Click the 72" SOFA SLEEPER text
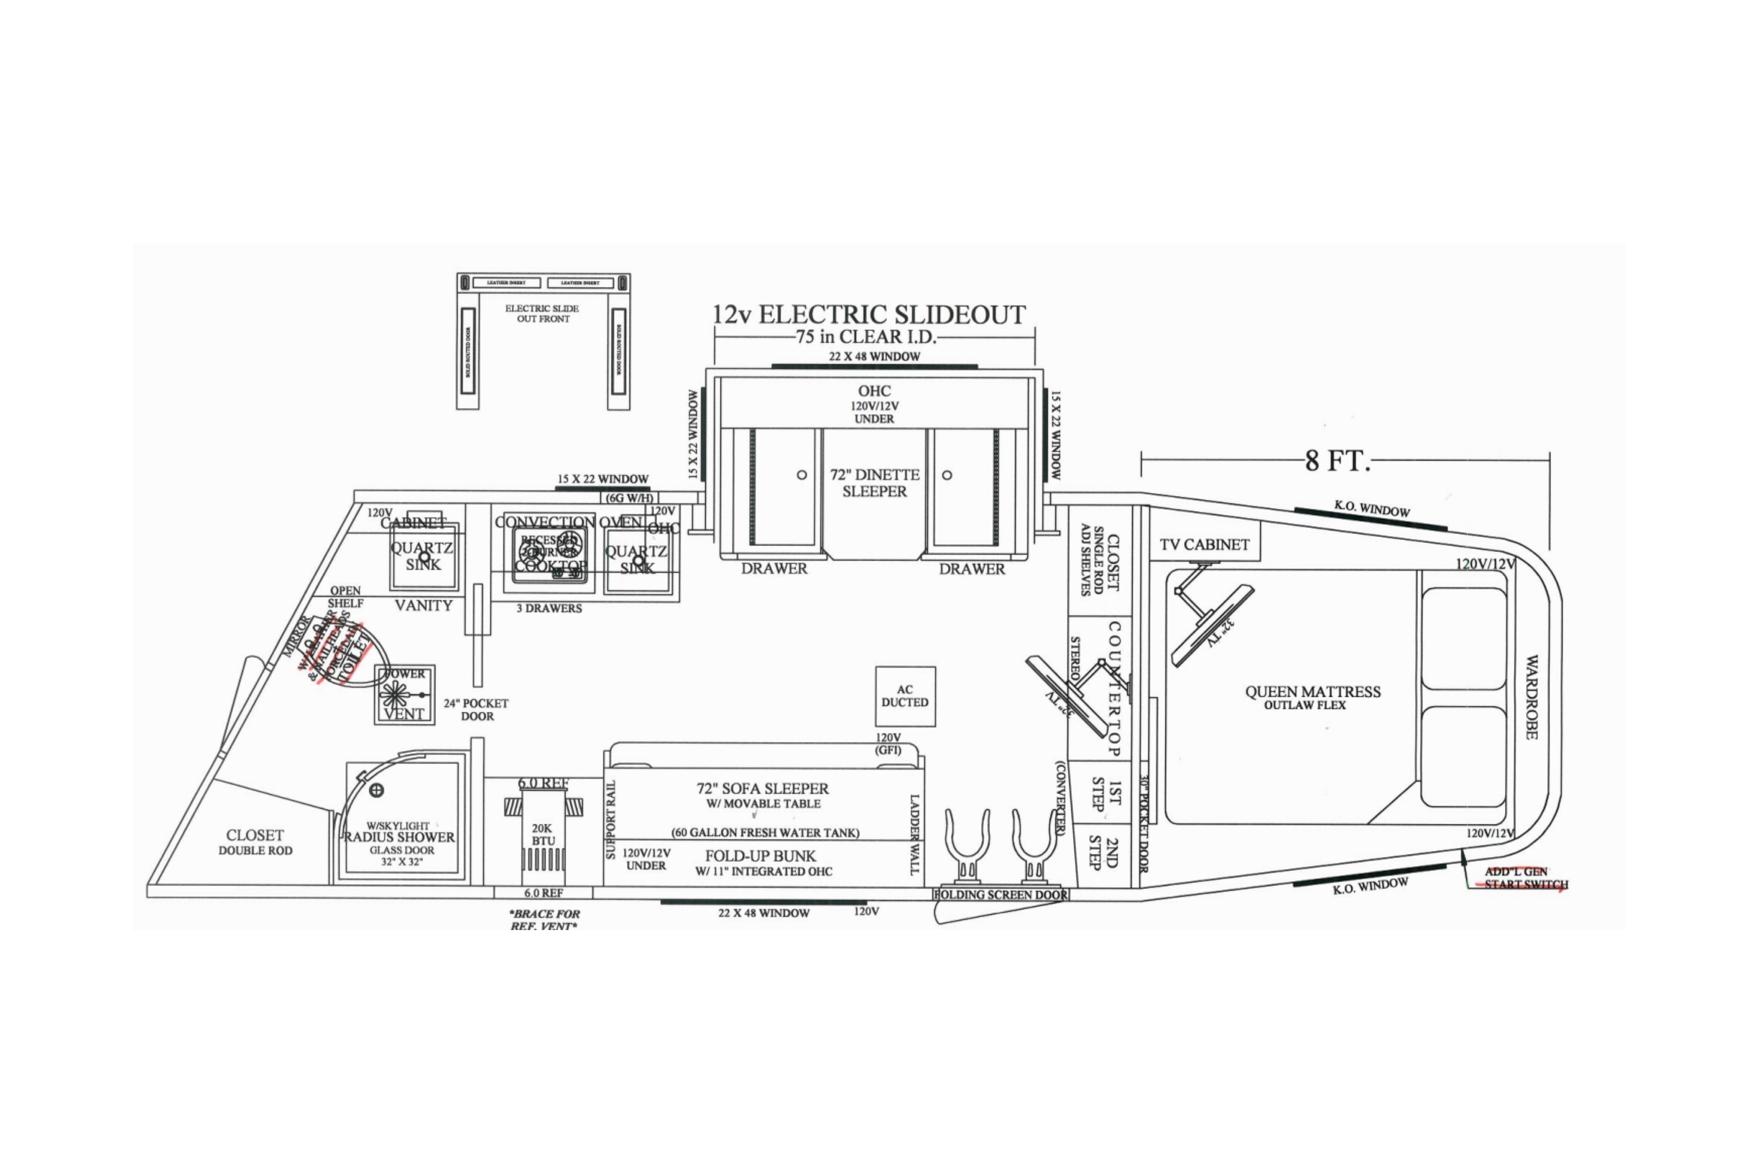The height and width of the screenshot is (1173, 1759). pos(762,789)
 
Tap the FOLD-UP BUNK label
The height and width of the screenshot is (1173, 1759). pos(760,856)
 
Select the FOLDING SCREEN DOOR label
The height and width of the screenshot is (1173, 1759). pos(1000,895)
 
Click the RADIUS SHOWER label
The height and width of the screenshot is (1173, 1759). pos(400,837)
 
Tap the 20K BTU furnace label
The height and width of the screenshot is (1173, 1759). pos(543,834)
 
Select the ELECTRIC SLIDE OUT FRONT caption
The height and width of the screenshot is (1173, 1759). pos(543,313)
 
